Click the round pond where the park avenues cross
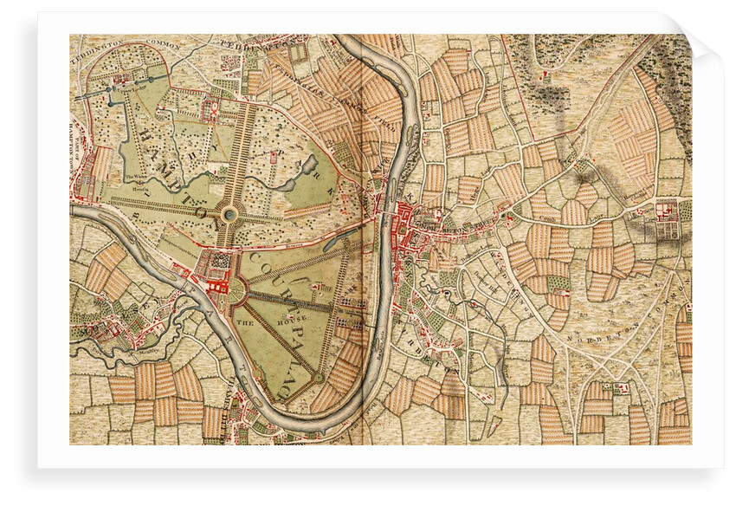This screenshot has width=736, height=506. point(229,213)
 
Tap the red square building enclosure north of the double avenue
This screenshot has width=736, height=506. point(210,109)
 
